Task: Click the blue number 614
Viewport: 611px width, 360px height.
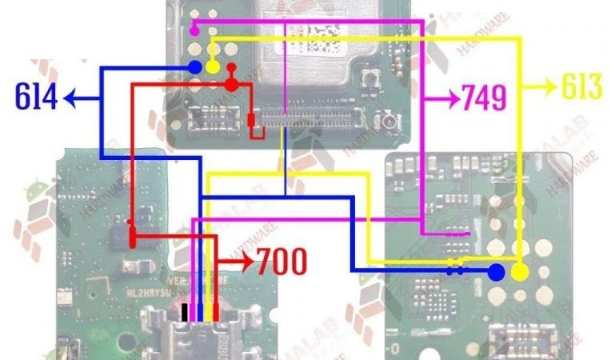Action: pyautogui.click(x=36, y=98)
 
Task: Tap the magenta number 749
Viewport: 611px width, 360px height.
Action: pyautogui.click(x=484, y=98)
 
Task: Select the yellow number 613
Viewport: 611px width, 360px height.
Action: pyautogui.click(x=581, y=87)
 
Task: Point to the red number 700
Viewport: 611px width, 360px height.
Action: pyautogui.click(x=281, y=260)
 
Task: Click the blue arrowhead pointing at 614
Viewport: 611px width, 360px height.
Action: pyautogui.click(x=70, y=98)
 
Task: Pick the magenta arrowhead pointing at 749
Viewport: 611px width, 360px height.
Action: pyautogui.click(x=453, y=98)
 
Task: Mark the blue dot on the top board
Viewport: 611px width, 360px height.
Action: pyautogui.click(x=195, y=68)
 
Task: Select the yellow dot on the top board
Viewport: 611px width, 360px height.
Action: pyautogui.click(x=213, y=68)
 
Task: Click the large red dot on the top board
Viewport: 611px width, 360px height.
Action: pyautogui.click(x=230, y=84)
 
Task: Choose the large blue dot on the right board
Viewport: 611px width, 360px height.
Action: pyautogui.click(x=496, y=272)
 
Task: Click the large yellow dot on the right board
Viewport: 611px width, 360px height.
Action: pyautogui.click(x=520, y=273)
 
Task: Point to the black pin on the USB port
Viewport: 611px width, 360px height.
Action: pyautogui.click(x=186, y=312)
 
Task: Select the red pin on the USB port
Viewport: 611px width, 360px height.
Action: pyautogui.click(x=216, y=312)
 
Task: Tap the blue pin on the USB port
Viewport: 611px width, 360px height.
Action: pyautogui.click(x=201, y=312)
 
